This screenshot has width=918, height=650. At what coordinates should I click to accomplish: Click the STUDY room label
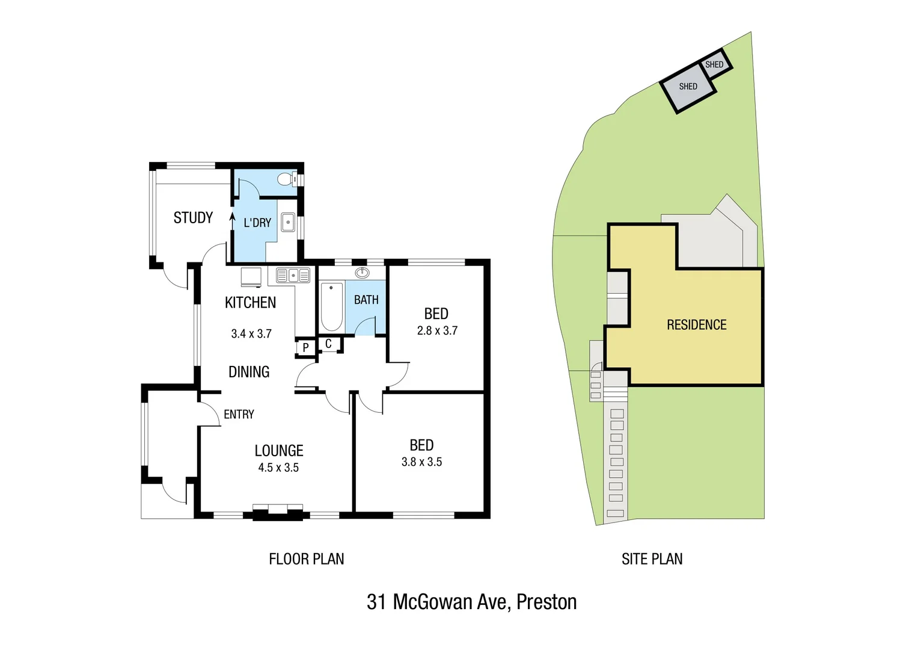tap(193, 218)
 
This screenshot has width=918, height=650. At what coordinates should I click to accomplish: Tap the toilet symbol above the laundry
tap(286, 179)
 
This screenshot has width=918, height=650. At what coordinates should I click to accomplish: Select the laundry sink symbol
tap(288, 222)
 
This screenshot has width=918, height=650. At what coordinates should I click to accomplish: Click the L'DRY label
tap(257, 223)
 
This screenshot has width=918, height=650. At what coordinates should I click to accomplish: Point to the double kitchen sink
tap(293, 276)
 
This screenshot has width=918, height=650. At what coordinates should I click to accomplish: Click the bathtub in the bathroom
tap(331, 306)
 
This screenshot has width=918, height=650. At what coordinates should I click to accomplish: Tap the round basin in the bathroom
tap(362, 273)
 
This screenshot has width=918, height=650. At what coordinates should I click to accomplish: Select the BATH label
tap(366, 300)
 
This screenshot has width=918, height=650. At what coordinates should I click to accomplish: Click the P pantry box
tap(305, 348)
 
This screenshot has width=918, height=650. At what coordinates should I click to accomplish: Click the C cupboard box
tap(328, 344)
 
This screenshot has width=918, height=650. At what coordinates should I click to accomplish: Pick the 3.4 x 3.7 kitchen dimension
tap(251, 333)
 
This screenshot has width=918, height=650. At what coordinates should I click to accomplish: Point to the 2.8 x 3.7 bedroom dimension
tap(437, 330)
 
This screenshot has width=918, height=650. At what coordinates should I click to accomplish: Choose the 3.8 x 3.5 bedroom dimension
tap(421, 462)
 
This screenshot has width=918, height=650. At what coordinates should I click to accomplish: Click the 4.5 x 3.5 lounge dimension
tap(278, 468)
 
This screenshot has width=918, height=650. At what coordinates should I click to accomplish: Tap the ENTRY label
tap(239, 414)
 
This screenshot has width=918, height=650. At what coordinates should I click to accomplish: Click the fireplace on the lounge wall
tap(277, 512)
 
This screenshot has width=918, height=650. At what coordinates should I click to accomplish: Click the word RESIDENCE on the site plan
tap(696, 325)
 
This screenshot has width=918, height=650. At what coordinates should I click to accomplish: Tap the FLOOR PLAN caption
tap(306, 559)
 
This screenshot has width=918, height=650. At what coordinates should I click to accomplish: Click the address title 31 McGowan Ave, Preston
tap(471, 602)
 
